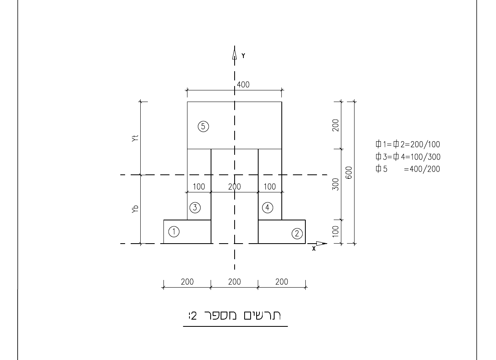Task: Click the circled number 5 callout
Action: [x=203, y=126]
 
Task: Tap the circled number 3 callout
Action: [x=195, y=208]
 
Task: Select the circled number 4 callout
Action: [x=267, y=208]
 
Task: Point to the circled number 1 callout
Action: [x=174, y=232]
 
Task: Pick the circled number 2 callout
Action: [x=297, y=234]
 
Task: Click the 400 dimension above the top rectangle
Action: [x=243, y=85]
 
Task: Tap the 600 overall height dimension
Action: [x=349, y=173]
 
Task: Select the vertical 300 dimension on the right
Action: [x=335, y=184]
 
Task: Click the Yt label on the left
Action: [x=135, y=138]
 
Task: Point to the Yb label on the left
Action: [x=135, y=209]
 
